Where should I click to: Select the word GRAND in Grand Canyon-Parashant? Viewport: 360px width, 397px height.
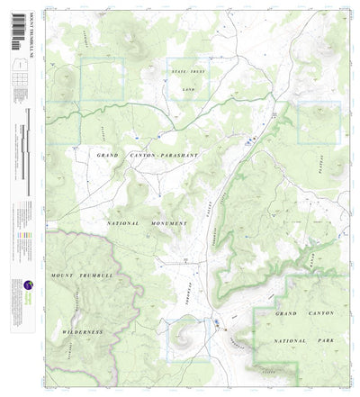click(x=107, y=156)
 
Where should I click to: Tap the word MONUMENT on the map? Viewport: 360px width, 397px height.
click(x=169, y=222)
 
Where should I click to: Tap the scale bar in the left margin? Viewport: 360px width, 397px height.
click(x=24, y=135)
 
